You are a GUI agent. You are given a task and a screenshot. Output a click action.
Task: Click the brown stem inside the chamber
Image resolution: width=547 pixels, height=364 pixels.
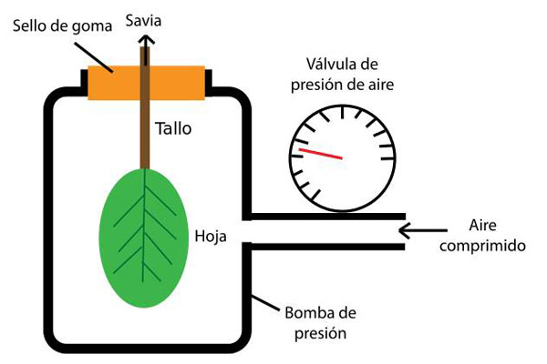pyautogui.click(x=145, y=127)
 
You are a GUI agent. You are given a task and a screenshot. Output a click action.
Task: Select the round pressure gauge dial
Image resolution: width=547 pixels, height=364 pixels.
pyautogui.click(x=345, y=151)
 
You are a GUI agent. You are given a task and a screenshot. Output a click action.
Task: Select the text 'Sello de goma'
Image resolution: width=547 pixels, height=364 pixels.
pyautogui.click(x=57, y=25)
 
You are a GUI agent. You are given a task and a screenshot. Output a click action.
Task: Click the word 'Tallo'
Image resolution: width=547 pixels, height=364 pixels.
pyautogui.click(x=173, y=129)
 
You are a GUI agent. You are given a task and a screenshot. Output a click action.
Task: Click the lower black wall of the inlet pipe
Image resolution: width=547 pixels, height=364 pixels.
pyautogui.click(x=328, y=247)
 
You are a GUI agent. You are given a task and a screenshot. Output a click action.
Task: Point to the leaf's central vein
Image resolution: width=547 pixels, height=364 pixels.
pyautogui.click(x=145, y=237)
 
